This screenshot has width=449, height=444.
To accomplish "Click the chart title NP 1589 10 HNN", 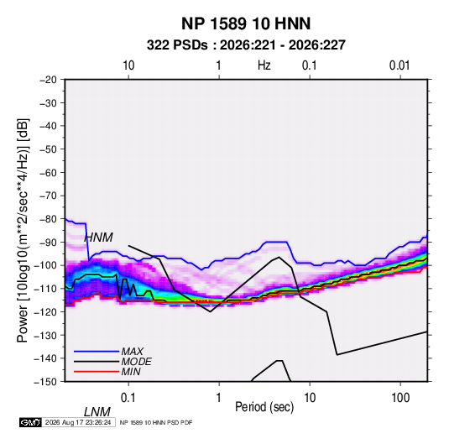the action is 246,24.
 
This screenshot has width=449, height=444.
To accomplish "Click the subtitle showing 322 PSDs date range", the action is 246,45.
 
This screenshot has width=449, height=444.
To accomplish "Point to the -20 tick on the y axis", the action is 48,80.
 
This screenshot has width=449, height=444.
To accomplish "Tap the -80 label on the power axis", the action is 48,219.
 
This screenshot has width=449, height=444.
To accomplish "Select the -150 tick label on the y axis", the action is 46,382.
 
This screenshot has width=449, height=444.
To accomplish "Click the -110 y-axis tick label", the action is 46,289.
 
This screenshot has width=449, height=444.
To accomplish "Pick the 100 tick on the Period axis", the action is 400,398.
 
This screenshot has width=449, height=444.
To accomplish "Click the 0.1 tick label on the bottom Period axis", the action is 128,398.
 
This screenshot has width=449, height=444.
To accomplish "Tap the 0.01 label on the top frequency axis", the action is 399,65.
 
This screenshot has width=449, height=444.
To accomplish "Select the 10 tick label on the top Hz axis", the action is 128,65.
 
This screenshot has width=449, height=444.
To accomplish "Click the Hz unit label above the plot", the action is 264,65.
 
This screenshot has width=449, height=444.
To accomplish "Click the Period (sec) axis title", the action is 264,407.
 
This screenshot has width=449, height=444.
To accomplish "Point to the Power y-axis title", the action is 23,231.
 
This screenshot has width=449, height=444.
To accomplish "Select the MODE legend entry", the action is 112,362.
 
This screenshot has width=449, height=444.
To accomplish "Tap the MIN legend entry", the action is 107,372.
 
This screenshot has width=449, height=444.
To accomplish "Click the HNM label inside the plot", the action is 98,238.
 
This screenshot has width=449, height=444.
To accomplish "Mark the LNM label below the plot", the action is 97,412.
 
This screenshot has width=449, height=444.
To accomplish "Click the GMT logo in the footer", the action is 31,422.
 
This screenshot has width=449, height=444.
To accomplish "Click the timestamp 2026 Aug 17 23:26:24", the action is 78,422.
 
